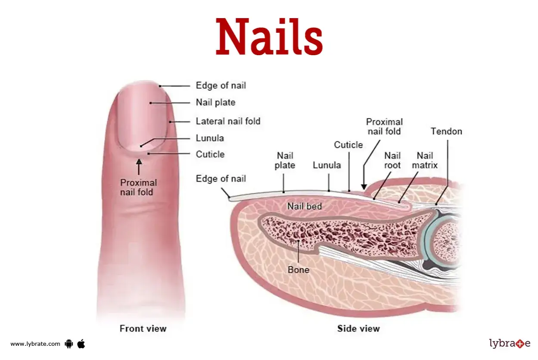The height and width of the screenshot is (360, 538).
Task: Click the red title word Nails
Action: click(269, 37)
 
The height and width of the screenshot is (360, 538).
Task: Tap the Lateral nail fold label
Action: click(228, 121)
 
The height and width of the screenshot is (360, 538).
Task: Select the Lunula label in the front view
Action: click(210, 138)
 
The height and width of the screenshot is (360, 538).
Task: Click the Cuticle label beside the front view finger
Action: click(210, 154)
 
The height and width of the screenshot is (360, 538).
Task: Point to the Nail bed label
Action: click(304, 206)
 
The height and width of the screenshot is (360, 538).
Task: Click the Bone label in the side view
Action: click(299, 269)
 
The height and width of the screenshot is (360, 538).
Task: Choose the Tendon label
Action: click(446, 131)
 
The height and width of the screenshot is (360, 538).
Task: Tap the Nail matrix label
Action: click(425, 160)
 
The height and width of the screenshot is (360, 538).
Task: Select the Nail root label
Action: click(392, 160)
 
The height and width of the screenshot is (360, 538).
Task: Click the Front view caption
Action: click(143, 329)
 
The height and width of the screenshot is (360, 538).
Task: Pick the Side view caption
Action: click(358, 329)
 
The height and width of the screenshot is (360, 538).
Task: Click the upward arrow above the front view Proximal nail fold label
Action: click(139, 166)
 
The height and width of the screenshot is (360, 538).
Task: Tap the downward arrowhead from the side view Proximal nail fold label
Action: click(364, 187)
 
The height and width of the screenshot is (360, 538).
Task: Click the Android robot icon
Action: click(68, 344)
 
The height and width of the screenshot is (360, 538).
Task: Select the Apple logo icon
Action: click(81, 344)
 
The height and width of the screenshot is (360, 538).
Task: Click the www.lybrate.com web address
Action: click(35, 344)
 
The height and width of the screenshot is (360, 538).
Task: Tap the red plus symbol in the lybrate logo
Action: click(520, 344)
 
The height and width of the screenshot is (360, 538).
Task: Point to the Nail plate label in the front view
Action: click(215, 102)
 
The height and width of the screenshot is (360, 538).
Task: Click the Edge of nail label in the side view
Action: click(221, 179)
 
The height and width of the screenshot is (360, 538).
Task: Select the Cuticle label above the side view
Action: click(348, 145)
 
